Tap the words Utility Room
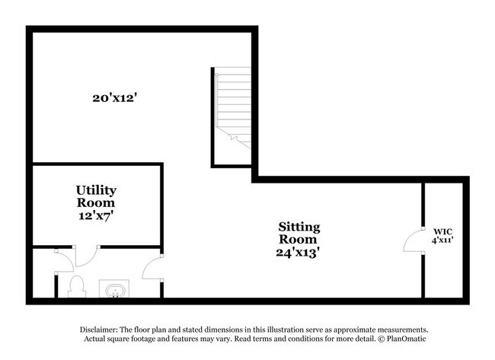click(x=96, y=196)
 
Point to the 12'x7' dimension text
click(x=96, y=216)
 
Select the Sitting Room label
click(x=299, y=233)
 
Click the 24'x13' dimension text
click(x=299, y=253)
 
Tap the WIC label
click(x=443, y=231)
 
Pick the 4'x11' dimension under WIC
click(x=443, y=241)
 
